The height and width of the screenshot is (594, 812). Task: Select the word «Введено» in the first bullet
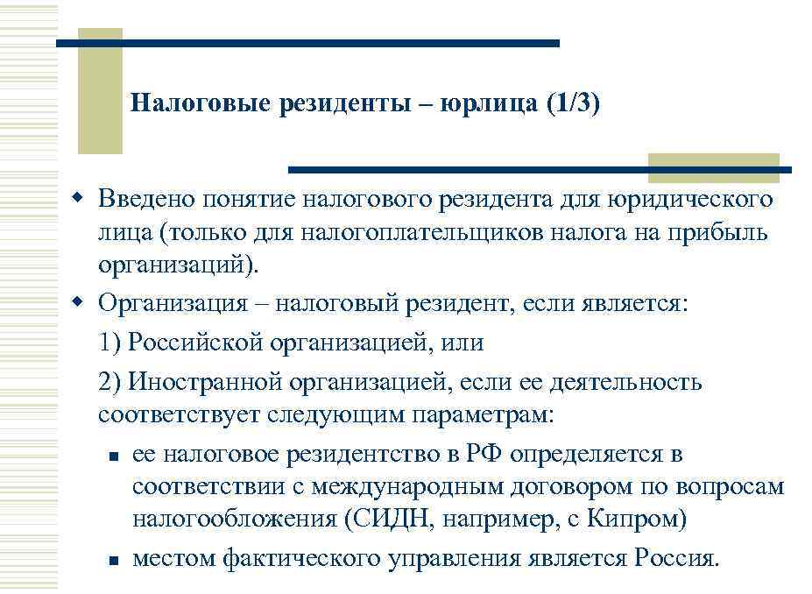(145, 201)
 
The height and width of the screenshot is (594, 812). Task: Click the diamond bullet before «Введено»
(77, 199)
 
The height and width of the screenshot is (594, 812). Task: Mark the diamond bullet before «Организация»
(77, 302)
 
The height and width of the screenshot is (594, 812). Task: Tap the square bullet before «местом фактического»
(113, 559)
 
